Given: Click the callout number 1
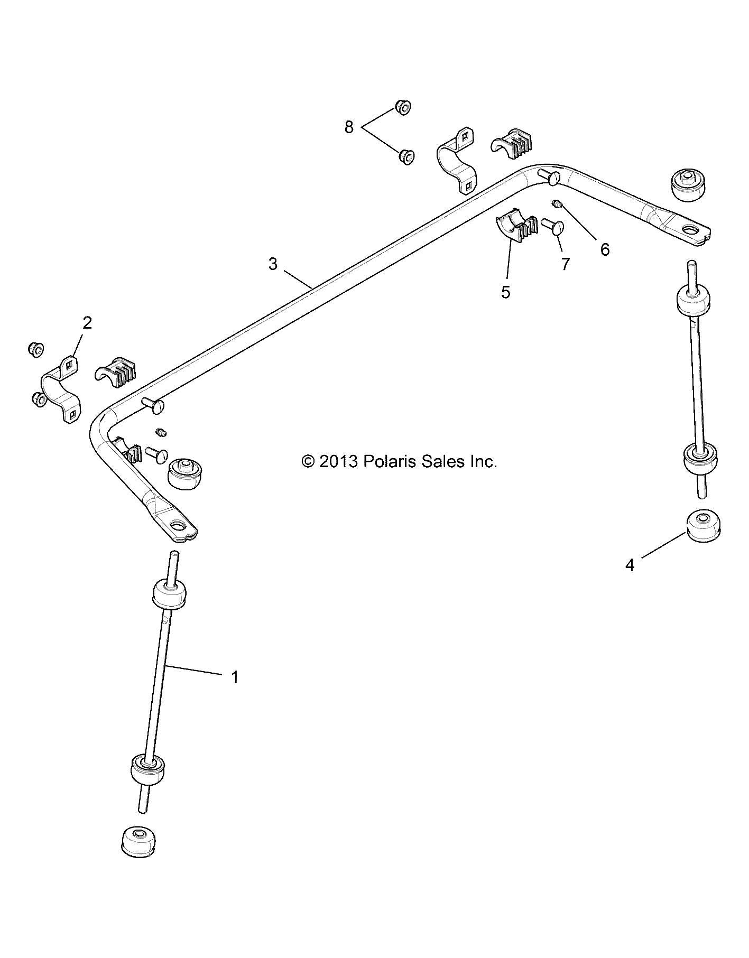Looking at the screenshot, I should [235, 677].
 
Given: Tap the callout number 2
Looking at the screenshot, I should [87, 322].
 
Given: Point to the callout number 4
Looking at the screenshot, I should [629, 565].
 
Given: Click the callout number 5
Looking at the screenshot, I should [506, 292].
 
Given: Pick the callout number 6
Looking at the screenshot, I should [605, 249].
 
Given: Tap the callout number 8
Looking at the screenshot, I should [349, 127].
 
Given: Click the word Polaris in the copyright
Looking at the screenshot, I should [390, 462].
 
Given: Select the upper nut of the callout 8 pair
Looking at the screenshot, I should [403, 108].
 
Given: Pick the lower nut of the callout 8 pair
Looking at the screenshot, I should [406, 156].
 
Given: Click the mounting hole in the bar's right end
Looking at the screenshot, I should [690, 230].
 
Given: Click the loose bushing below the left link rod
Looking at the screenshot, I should [138, 849].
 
